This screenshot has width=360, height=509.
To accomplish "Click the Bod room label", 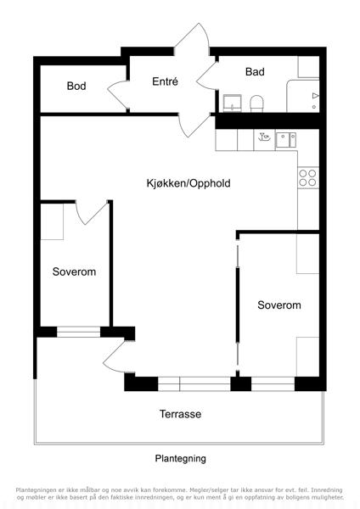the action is pos(76,86).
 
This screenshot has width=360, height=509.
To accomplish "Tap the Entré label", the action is pos(165,81).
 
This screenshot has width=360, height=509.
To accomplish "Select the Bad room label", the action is pos(255,72).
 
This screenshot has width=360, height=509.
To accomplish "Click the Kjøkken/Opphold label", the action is pos(188,183).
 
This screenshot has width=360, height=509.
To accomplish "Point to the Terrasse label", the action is pos(180,414).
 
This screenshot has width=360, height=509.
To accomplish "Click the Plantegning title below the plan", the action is pos(180,458).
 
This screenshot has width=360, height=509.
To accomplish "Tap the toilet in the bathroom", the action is pos(256,103).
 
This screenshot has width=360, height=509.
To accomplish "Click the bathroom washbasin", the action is pos(232,103).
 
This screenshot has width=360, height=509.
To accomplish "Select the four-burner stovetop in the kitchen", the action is pos(308,178).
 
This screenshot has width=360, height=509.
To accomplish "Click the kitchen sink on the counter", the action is pos(285,140).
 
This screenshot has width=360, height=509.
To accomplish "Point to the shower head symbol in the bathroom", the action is pos(315,96).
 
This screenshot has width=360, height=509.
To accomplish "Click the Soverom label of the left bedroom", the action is pos(74,271).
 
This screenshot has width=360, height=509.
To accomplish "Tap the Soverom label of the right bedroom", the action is pos(279,305).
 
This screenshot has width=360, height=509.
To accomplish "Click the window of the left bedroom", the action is pos(78,332).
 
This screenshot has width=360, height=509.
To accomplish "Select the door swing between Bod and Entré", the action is pos(118,95).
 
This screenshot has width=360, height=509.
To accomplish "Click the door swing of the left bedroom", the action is pos(92,213).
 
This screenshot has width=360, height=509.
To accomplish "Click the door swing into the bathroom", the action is pos(206,76).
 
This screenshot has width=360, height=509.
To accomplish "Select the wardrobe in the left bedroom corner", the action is pos(52,221).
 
